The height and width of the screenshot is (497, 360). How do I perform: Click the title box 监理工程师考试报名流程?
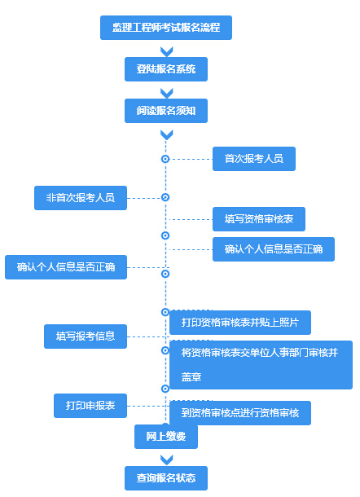click(x=166, y=28)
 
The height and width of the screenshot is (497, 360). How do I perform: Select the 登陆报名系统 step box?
click(x=166, y=69)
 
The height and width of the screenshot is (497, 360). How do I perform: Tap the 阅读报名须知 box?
click(x=166, y=109)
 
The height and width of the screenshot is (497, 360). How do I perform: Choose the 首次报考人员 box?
click(x=253, y=159)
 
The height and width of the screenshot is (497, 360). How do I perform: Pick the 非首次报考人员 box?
click(x=80, y=198)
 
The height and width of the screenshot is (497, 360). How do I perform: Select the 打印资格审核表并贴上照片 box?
click(x=239, y=323)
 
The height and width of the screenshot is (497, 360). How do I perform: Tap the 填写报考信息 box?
click(x=86, y=336)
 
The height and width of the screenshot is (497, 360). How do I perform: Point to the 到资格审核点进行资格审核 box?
click(x=239, y=413)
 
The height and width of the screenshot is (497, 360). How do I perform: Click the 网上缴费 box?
click(x=166, y=437)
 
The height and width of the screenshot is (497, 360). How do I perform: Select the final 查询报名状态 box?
click(x=166, y=477)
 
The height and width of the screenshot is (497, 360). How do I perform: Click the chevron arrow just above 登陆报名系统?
click(x=166, y=51)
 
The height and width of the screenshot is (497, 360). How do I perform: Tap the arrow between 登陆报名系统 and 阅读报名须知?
click(x=166, y=91)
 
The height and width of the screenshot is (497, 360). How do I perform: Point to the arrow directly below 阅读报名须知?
click(x=166, y=133)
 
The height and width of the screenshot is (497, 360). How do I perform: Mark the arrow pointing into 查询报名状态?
click(x=166, y=458)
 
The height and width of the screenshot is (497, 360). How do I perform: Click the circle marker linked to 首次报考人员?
click(x=165, y=159)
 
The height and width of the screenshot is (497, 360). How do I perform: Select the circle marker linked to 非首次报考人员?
click(x=165, y=197)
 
